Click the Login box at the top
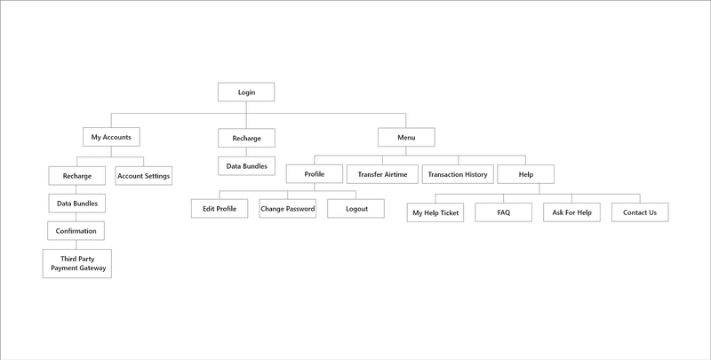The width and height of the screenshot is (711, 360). click(x=246, y=92)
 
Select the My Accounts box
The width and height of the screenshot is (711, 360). click(x=111, y=138)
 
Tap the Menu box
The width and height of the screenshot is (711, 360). click(x=406, y=138)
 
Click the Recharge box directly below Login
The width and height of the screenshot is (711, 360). click(x=246, y=139)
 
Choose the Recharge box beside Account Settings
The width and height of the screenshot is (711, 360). click(x=76, y=176)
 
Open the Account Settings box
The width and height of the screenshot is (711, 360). click(x=143, y=175)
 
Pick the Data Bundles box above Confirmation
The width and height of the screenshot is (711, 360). click(x=76, y=204)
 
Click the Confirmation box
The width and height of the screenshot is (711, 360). click(x=76, y=231)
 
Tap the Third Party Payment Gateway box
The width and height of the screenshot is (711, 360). click(x=77, y=263)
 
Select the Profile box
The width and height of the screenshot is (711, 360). click(x=315, y=174)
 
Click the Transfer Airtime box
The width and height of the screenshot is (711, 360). click(x=382, y=174)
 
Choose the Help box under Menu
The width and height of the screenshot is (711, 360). click(x=525, y=174)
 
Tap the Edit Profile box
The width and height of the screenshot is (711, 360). click(x=220, y=209)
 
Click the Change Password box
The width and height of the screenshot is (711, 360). click(x=287, y=209)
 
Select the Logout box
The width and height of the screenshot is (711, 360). click(x=356, y=209)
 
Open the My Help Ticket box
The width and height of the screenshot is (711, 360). click(x=435, y=213)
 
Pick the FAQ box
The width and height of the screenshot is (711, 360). click(x=503, y=213)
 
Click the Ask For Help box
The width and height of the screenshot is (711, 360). click(x=571, y=213)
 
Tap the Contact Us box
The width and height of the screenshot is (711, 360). click(x=640, y=213)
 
